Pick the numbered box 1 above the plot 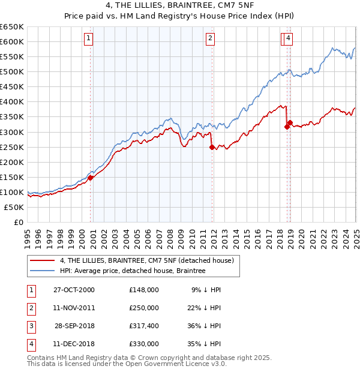point(89,38)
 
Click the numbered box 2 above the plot point(211,38)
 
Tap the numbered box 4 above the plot point(289,38)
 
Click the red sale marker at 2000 point(91,178)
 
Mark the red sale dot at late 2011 point(212,147)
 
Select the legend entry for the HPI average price point(133,271)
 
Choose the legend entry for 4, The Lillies point(150,260)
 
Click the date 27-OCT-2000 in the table point(74,290)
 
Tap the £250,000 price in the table point(144,308)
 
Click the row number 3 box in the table point(29,326)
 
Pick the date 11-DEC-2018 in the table point(74,344)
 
